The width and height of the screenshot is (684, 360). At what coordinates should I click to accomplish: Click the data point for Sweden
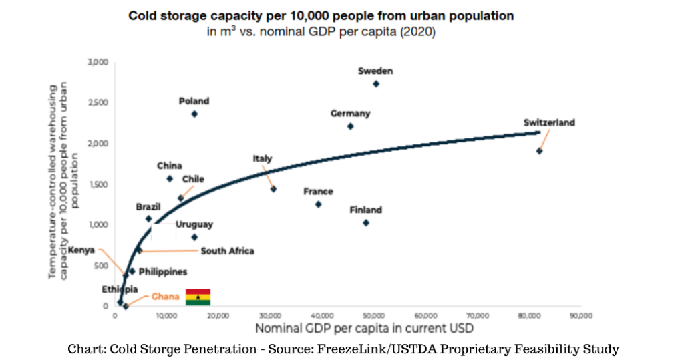(376, 84)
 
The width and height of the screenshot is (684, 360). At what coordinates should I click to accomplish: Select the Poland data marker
(194, 114)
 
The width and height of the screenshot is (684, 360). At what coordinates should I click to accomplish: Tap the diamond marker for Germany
(351, 126)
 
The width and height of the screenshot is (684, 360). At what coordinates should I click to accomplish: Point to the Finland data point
(366, 223)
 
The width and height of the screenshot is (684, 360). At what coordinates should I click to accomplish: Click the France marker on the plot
(319, 204)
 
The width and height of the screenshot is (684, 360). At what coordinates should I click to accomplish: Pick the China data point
(170, 178)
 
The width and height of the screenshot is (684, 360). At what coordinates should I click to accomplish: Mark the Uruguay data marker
(194, 237)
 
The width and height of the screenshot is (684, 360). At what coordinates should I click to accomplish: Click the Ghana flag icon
(198, 297)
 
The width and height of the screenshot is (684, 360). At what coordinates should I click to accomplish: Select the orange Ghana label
(165, 297)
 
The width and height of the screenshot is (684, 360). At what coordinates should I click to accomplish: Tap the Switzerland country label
(549, 123)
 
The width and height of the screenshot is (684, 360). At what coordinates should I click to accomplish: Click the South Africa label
(227, 251)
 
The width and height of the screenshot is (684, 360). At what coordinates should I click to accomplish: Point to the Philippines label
(162, 272)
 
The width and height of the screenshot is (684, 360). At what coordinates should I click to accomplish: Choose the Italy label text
(263, 159)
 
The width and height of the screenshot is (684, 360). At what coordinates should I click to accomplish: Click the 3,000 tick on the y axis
(98, 62)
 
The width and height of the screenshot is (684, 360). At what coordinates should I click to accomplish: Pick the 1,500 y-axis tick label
(98, 184)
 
